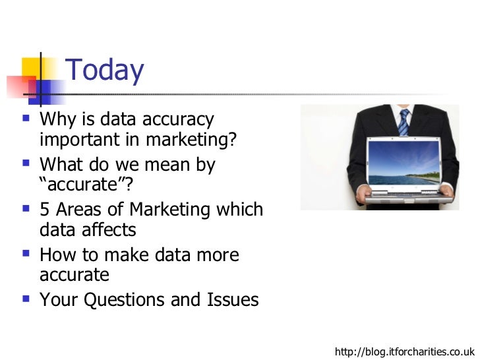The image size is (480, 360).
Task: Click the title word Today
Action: tap(105, 71)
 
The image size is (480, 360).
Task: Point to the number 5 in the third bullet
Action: tap(44, 210)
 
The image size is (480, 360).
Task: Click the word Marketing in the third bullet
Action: tap(170, 210)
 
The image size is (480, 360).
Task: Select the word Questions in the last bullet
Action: tap(139, 300)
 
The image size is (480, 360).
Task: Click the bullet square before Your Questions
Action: tap(26, 299)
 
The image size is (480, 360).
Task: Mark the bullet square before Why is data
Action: tap(26, 119)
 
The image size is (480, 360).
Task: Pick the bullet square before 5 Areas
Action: tap(26, 209)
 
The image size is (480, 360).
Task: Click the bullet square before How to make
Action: tap(26, 254)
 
